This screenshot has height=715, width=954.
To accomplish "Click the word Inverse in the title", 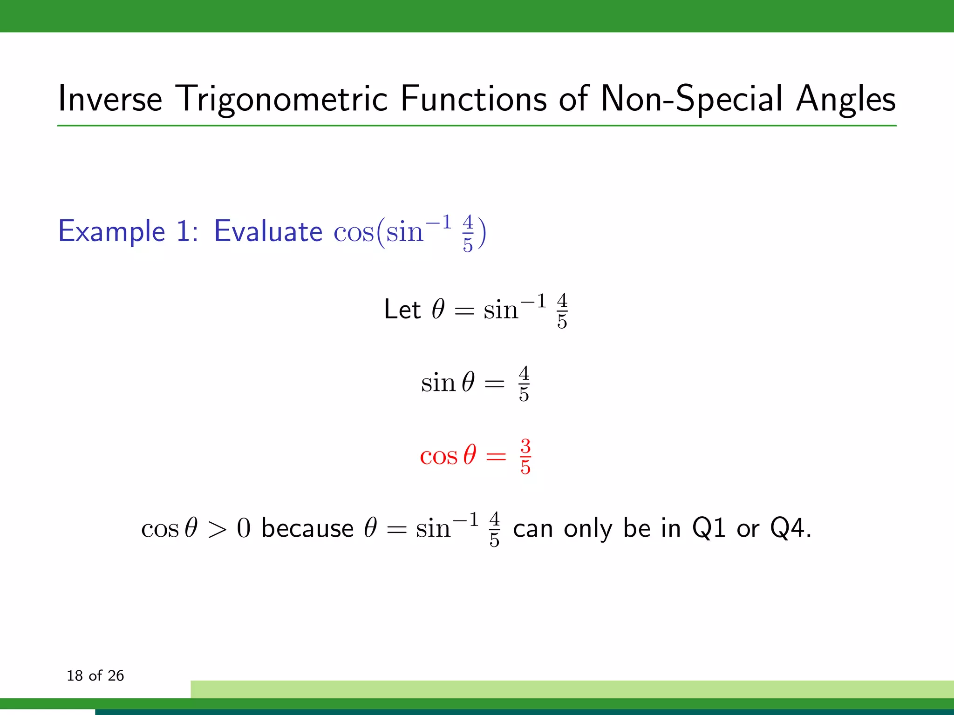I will [110, 99].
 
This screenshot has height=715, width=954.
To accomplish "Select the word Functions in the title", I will [473, 99].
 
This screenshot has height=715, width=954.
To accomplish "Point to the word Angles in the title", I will [845, 99].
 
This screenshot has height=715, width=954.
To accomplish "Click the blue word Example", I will [112, 231].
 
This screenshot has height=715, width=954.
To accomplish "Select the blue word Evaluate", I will [268, 231].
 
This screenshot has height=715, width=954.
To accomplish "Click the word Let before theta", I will [402, 310].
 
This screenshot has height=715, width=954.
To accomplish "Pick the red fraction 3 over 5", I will [525, 457].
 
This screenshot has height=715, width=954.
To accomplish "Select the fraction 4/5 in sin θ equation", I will [524, 384].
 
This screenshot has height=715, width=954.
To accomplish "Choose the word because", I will [307, 528].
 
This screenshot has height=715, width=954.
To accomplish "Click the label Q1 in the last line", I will [709, 529].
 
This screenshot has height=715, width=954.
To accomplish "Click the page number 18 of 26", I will [95, 675].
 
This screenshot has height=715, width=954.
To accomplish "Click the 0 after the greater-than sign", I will [244, 529].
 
